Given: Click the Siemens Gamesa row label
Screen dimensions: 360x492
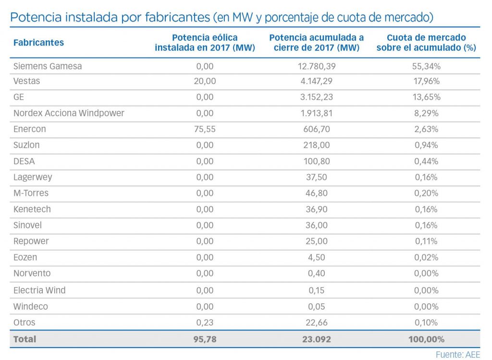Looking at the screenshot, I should tap(48, 66).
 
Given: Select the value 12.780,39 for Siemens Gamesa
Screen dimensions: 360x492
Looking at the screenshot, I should tap(317, 66).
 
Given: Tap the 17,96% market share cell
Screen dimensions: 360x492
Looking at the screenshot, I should tap(427, 81).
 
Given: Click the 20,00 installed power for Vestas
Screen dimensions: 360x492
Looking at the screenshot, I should tap(205, 81).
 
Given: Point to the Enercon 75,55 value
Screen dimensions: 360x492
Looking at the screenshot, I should tap(205, 129).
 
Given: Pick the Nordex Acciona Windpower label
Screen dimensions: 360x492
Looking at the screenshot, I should tap(69, 113).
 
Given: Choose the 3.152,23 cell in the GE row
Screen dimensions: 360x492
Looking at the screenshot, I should tap(317, 97).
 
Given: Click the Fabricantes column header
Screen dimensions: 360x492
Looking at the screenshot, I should tap(38, 42).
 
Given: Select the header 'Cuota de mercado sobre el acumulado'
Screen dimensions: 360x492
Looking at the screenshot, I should tap(426, 42).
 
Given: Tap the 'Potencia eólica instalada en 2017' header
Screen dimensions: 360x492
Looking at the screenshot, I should tap(205, 42).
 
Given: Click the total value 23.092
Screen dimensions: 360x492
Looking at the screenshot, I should tap(317, 339).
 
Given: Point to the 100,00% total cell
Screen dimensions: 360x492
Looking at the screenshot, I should tap(427, 339).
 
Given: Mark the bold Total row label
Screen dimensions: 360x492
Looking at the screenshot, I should tap(25, 339).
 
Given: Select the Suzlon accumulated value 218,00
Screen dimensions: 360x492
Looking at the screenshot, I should tap(317, 145).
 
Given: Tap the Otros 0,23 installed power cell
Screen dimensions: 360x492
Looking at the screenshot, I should tap(205, 323).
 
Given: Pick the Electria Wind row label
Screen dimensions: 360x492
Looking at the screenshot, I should tap(39, 290).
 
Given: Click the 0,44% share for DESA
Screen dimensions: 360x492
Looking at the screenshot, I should tap(427, 161).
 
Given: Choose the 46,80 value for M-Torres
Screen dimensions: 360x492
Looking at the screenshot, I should tap(317, 193).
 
